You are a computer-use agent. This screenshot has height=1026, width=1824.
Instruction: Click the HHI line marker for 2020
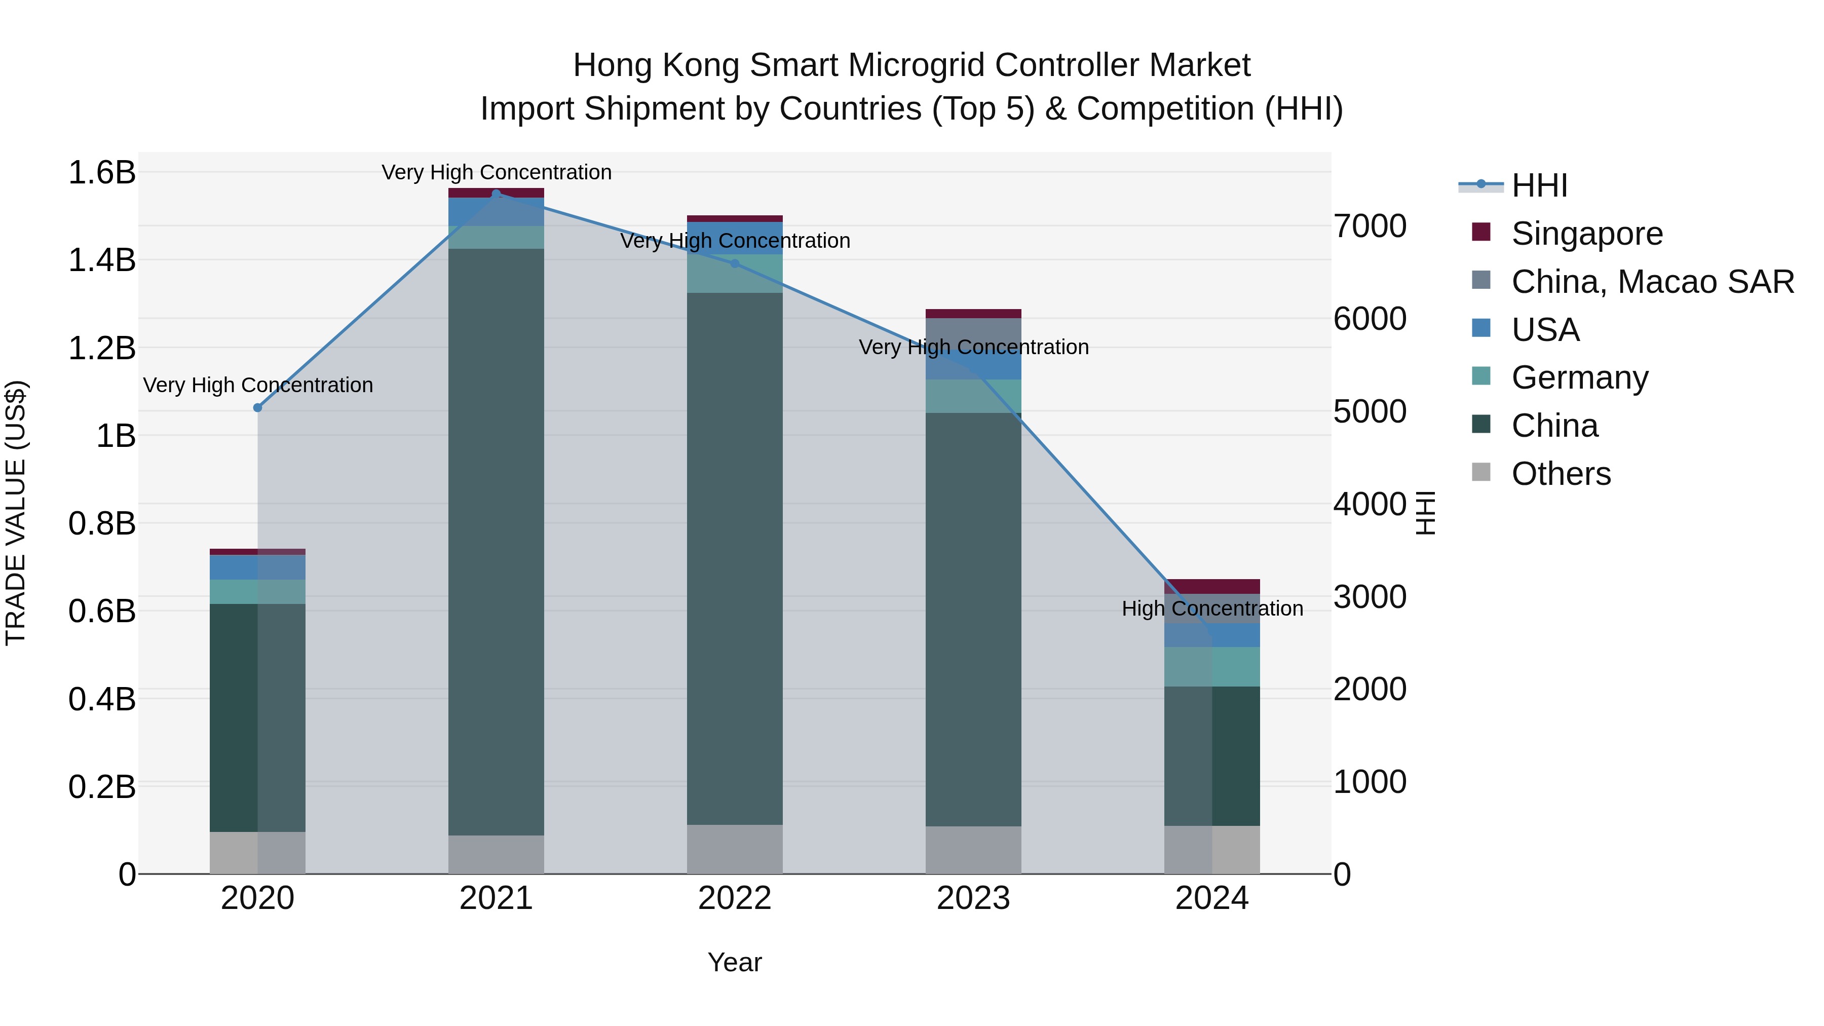coord(258,408)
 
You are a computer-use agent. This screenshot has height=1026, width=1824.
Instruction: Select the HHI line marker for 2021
coord(497,194)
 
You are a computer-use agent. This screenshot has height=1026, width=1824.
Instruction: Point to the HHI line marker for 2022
coord(735,263)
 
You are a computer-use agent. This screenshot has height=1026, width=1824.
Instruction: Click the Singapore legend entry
coord(1586,234)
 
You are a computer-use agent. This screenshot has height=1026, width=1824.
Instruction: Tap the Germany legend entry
coord(1579,377)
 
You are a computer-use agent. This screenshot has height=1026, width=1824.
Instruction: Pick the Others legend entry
coord(1561,474)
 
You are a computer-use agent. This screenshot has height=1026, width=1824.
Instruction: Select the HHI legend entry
coord(1539,185)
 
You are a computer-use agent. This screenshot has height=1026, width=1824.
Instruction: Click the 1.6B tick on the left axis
coord(101,173)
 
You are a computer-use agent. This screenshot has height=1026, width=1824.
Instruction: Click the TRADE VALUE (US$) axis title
coord(16,513)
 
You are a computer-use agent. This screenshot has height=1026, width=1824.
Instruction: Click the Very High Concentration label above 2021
coord(497,172)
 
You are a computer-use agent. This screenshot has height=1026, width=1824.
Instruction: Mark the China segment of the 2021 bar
coord(497,542)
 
